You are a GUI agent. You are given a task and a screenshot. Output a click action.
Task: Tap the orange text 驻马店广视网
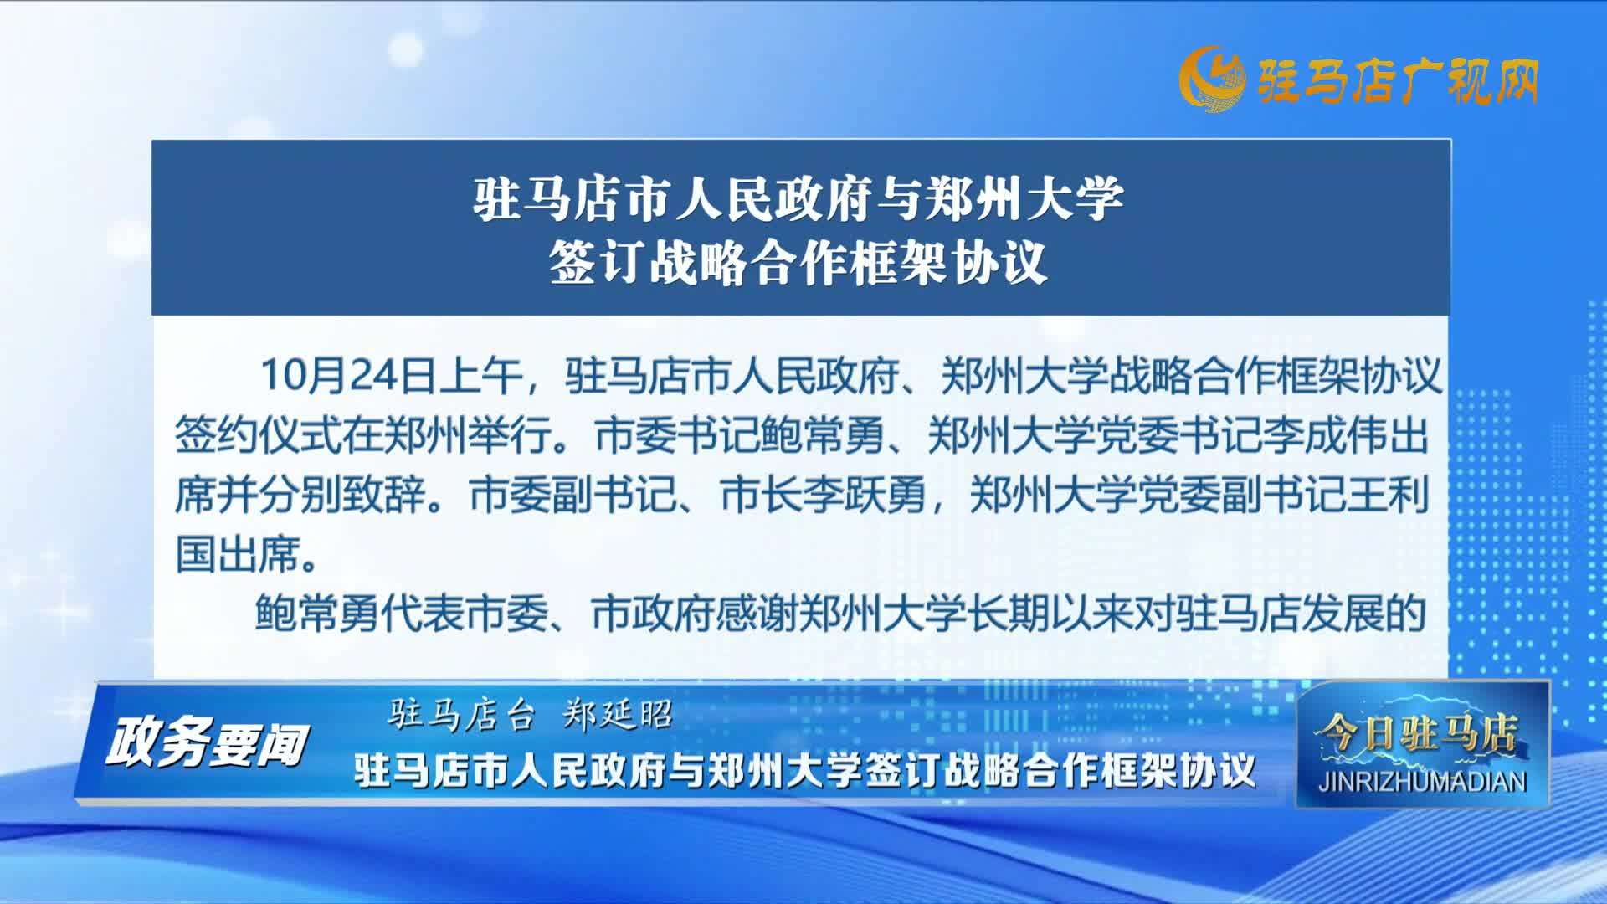tap(1397, 82)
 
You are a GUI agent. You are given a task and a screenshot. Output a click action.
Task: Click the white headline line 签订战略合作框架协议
tap(798, 262)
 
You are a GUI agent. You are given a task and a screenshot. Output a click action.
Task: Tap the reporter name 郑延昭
tap(619, 715)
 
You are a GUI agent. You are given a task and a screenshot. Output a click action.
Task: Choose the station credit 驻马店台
tap(461, 715)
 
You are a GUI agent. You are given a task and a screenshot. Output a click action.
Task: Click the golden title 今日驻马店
tap(1416, 734)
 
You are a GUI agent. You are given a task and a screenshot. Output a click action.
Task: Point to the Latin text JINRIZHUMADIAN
tap(1422, 782)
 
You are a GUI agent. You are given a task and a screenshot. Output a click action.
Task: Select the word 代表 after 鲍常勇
tap(424, 614)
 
